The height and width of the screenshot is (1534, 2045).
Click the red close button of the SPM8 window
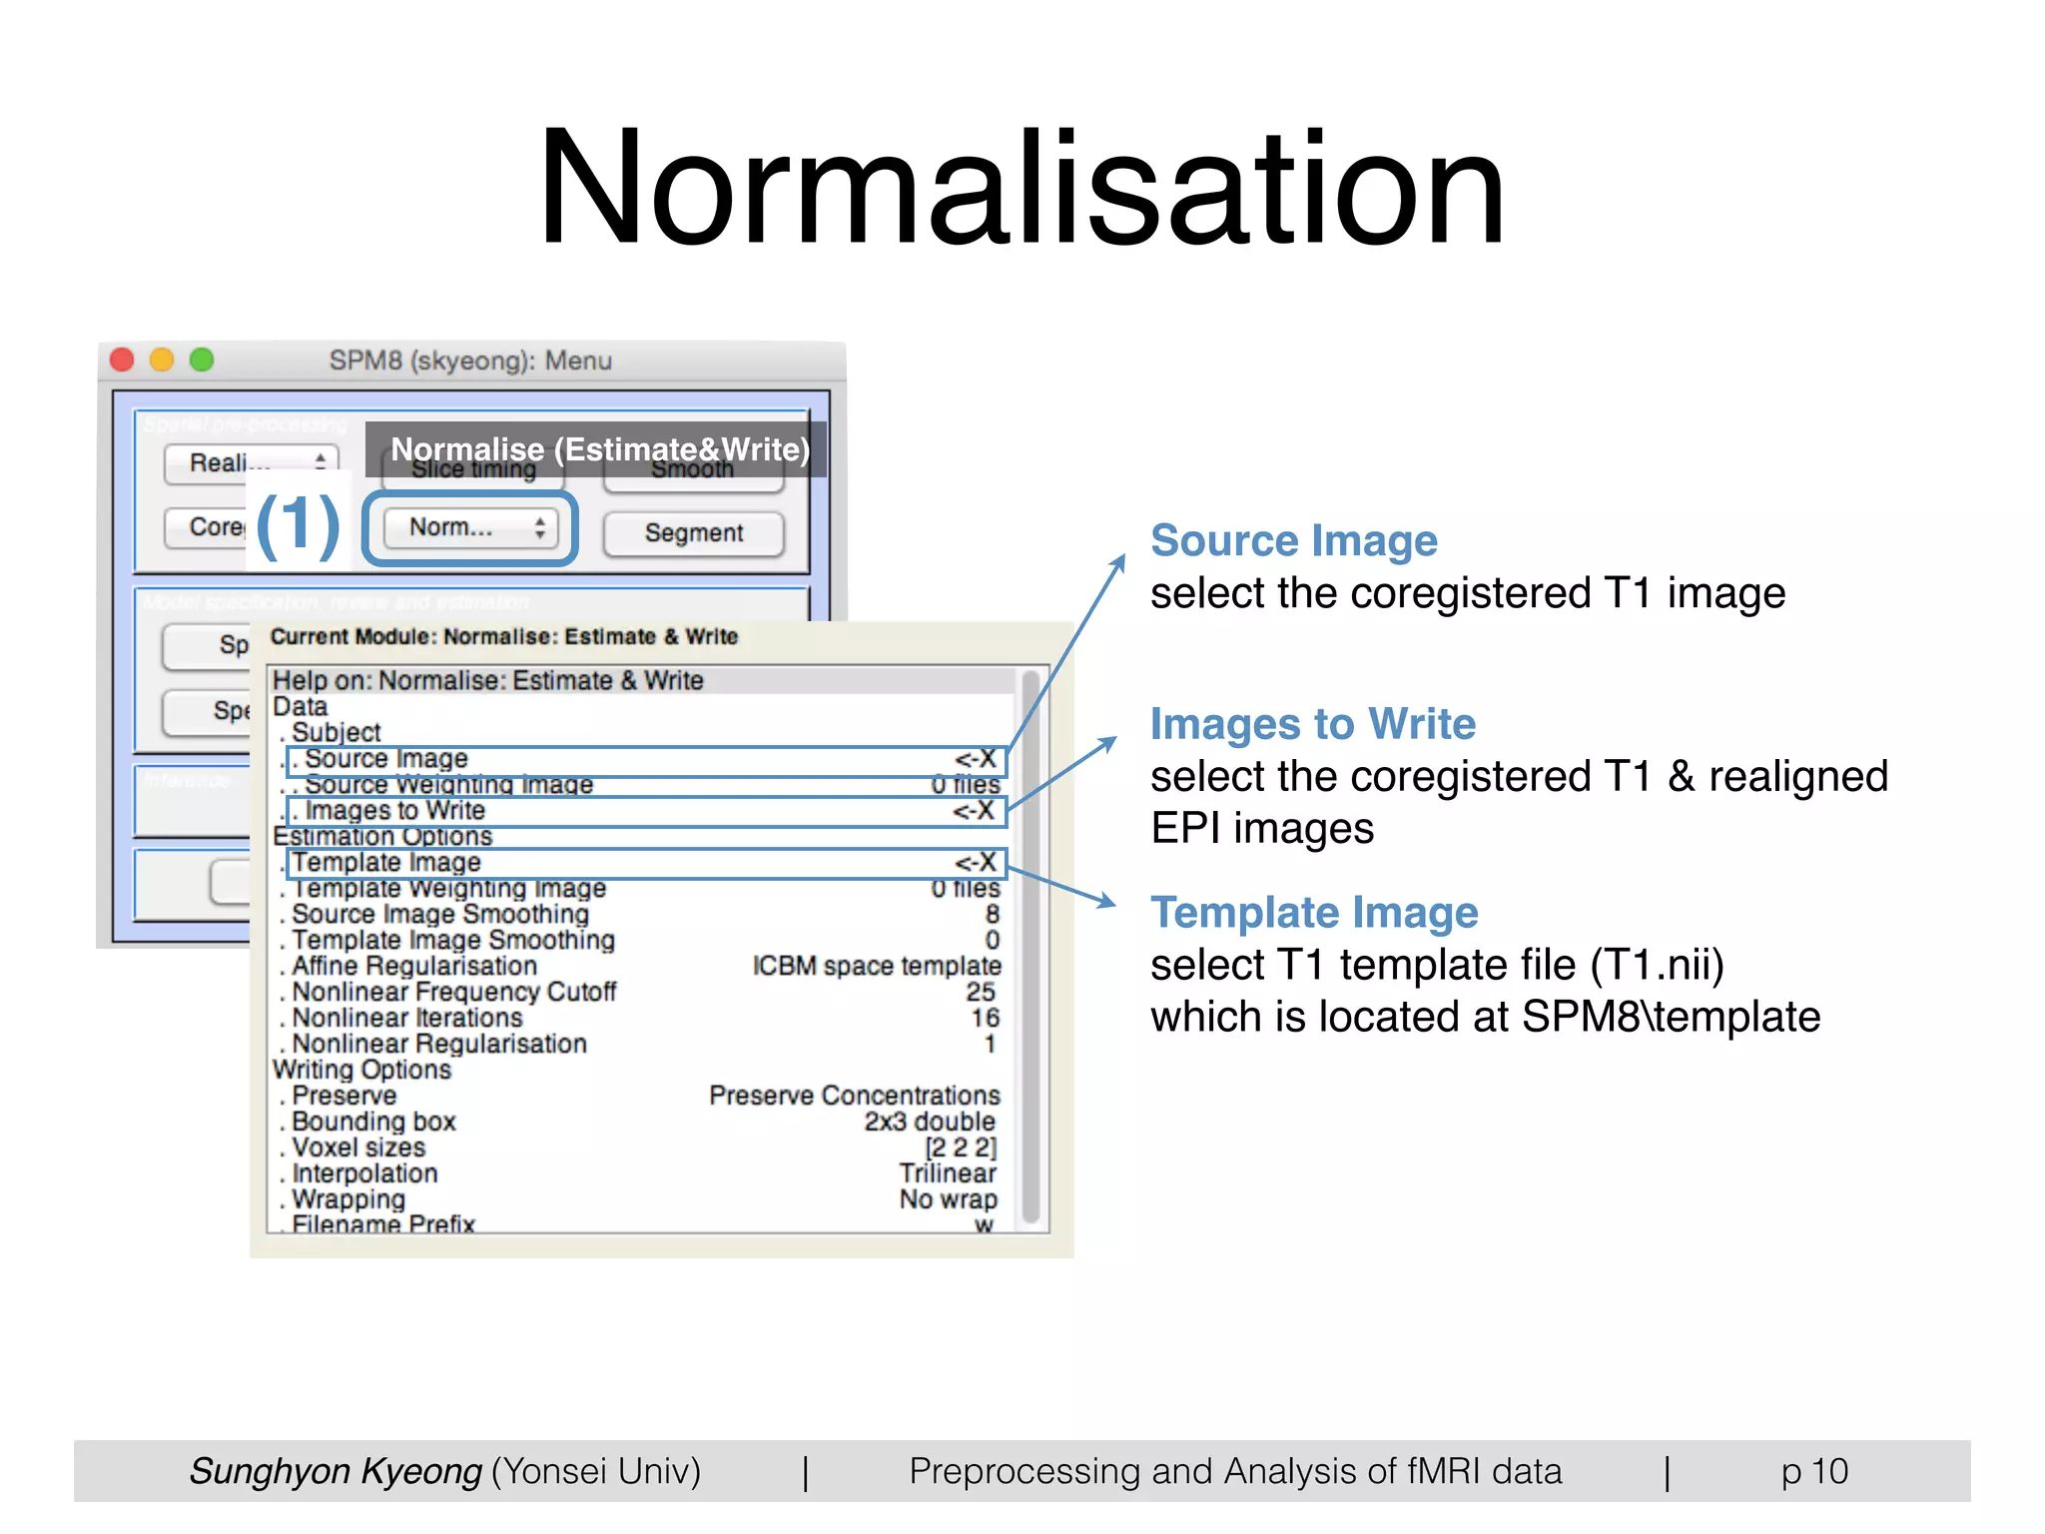(122, 360)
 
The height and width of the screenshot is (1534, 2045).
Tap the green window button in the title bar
(202, 360)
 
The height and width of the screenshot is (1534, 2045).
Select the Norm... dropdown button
(469, 527)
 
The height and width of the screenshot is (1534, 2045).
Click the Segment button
(694, 533)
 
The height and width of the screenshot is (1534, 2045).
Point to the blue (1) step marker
(298, 525)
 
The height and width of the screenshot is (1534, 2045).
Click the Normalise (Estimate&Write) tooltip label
(599, 449)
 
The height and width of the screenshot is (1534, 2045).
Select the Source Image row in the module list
(645, 760)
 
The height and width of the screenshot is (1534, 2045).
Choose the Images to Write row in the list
(645, 811)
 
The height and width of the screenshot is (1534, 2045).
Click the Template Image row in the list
(645, 863)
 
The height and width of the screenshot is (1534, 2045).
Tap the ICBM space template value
(876, 966)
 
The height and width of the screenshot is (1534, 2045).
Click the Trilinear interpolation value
(947, 1173)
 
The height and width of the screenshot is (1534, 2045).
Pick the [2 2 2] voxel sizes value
(960, 1148)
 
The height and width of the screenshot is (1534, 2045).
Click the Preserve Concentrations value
(854, 1096)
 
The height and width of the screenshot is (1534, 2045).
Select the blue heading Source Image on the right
(1294, 540)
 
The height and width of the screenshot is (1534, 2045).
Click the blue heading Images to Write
(1313, 724)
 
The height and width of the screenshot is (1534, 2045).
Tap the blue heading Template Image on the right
(1314, 913)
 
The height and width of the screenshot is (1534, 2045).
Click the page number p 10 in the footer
(1814, 1471)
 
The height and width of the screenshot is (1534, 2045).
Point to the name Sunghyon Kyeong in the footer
(337, 1471)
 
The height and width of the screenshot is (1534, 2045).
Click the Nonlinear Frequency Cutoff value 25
(980, 992)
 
